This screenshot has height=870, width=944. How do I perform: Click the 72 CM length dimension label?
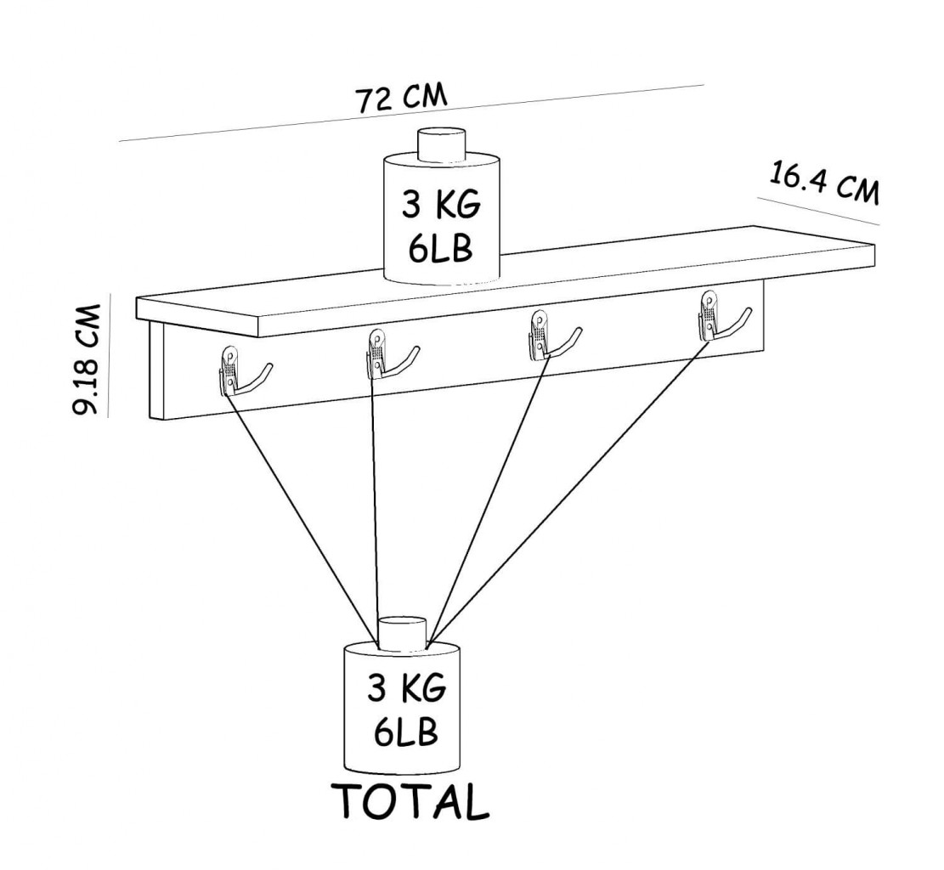[x=402, y=99]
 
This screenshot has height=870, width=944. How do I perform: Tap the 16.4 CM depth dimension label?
[x=823, y=183]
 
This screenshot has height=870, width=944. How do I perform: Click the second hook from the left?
[x=388, y=355]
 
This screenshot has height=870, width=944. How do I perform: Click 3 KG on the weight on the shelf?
[x=441, y=206]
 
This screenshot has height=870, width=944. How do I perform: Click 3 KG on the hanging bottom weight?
[x=406, y=689]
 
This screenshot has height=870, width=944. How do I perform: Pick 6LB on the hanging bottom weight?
[x=406, y=732]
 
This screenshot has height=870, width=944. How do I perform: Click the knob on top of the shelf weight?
[x=443, y=144]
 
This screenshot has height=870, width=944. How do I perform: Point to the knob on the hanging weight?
[x=402, y=634]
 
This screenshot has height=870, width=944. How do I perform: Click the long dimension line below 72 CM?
[x=411, y=113]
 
